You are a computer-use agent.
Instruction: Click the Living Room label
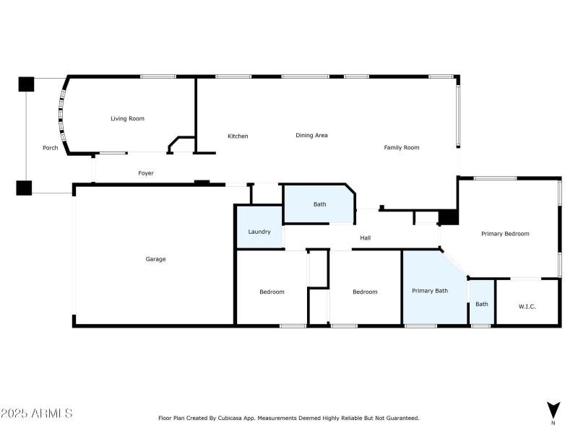[x=127, y=118]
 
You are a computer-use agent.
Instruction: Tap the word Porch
[x=50, y=148]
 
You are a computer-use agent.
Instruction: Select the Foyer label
[x=146, y=173]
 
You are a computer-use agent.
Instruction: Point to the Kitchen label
[x=238, y=136]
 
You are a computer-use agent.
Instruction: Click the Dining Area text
[x=311, y=135]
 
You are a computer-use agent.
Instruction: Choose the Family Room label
[x=401, y=147]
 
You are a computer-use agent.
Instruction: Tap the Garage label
[x=155, y=259]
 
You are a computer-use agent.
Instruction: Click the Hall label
[x=366, y=237]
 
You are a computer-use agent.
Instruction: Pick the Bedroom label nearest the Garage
[x=272, y=292]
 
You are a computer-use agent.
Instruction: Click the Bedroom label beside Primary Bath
[x=365, y=292]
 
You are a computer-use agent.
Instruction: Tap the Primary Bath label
[x=430, y=291]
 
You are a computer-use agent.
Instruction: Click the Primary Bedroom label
[x=505, y=234]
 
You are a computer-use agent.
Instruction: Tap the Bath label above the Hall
[x=319, y=204]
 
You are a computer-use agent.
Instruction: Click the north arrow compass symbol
[x=553, y=409]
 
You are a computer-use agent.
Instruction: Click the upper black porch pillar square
[x=26, y=84]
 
